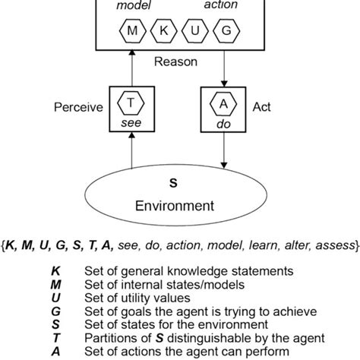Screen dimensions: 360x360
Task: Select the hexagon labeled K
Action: pyautogui.click(x=164, y=32)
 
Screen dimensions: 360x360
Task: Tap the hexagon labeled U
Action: pyautogui.click(x=194, y=32)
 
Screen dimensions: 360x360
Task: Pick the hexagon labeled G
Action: pyautogui.click(x=225, y=32)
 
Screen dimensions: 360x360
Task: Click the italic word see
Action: pyautogui.click(x=133, y=121)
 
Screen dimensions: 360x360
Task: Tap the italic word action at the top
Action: pyautogui.click(x=221, y=6)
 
